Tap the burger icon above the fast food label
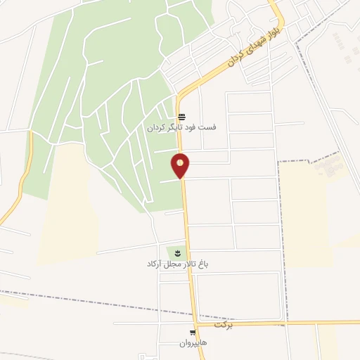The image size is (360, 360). click(x=182, y=117)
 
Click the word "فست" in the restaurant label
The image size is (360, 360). click(x=209, y=128)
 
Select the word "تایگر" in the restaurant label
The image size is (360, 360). click(x=177, y=128)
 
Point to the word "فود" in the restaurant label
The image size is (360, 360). click(x=195, y=128)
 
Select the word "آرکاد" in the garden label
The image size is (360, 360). click(x=155, y=264)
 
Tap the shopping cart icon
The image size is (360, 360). click(x=193, y=333)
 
